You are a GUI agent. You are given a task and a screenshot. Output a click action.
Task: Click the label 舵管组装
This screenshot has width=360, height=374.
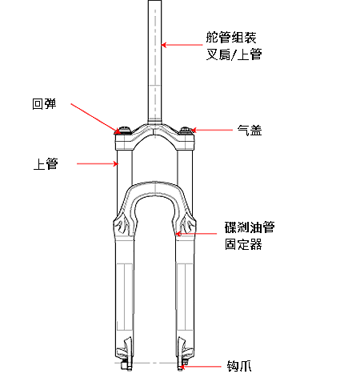[x=231, y=38]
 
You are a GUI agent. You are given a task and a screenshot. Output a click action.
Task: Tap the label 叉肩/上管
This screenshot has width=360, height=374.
[x=234, y=54]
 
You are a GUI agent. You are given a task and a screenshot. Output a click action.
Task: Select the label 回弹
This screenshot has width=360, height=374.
[x=44, y=103]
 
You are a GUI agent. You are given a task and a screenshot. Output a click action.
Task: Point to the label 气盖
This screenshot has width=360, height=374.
[x=250, y=131]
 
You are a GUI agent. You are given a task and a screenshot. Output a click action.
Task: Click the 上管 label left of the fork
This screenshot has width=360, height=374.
[x=46, y=163]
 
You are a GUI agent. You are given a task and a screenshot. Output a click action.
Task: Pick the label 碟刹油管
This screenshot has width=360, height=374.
[x=250, y=227]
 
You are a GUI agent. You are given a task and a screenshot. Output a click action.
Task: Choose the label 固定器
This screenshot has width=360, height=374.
[x=243, y=244]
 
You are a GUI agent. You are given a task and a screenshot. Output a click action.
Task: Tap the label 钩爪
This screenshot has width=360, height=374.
[x=239, y=366]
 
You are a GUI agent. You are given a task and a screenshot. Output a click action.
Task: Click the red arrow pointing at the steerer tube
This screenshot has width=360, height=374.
[x=182, y=45]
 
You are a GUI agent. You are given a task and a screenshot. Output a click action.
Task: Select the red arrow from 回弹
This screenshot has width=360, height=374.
[x=95, y=119]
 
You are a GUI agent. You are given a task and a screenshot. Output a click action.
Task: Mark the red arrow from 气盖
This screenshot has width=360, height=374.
[x=212, y=130]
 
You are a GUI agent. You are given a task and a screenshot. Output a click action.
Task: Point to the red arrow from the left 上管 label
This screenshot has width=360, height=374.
[x=98, y=163]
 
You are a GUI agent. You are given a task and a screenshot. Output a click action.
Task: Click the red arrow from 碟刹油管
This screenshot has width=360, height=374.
[x=196, y=234]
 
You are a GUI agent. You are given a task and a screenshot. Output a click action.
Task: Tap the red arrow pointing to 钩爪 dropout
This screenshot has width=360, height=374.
[x=200, y=366]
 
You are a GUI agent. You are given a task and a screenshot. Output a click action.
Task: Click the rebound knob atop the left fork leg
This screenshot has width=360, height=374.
[x=124, y=130]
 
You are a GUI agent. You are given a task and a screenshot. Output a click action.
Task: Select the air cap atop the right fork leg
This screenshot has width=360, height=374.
[x=186, y=131]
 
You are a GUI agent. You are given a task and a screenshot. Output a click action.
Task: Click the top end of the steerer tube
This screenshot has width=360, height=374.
[x=154, y=1]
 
